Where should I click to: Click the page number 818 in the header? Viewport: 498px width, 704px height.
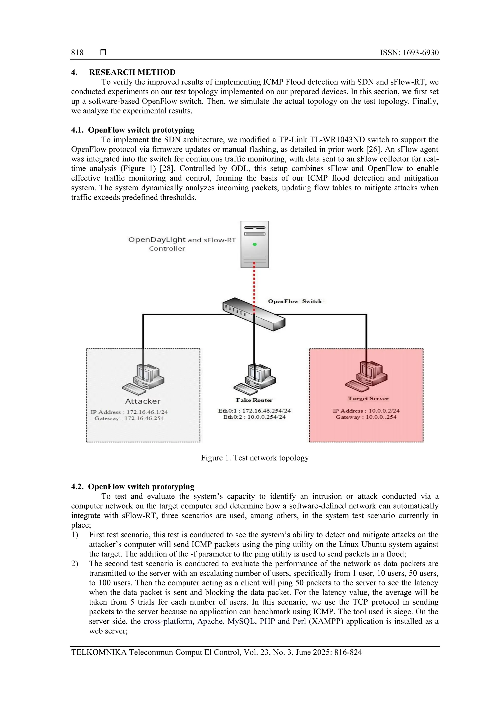point(77,53)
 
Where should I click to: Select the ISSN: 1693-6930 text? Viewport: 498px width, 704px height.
point(409,53)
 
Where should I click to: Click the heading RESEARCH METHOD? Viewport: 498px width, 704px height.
point(132,72)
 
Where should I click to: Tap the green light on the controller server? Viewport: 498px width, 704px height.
point(255,244)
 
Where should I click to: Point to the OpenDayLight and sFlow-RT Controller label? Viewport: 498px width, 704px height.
point(182,244)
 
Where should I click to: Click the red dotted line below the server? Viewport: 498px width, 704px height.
point(254,282)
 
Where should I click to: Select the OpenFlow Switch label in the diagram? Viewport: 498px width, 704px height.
point(294,301)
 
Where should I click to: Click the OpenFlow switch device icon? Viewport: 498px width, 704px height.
point(254,313)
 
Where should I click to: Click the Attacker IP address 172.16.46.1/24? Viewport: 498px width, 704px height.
point(147,412)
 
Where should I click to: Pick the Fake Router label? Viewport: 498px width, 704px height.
point(254,400)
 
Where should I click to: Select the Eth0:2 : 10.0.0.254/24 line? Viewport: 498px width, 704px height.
point(254,417)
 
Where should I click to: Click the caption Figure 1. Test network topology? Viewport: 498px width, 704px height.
point(255,458)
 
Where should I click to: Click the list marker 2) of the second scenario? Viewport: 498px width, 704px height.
point(75,564)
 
